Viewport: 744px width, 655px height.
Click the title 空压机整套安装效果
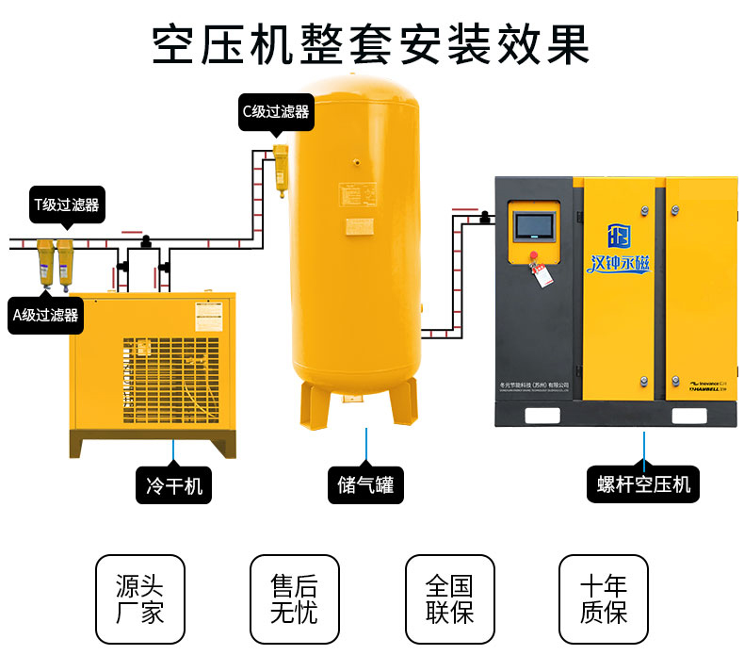click(x=371, y=42)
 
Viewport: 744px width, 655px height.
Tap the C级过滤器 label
click(x=276, y=111)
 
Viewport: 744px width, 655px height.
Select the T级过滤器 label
click(x=67, y=204)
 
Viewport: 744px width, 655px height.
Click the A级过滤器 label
click(x=44, y=314)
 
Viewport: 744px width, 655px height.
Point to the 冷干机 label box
click(x=174, y=486)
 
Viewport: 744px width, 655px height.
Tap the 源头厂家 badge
click(x=140, y=599)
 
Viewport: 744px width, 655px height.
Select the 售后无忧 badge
click(x=294, y=599)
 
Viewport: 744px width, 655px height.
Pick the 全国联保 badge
click(x=448, y=599)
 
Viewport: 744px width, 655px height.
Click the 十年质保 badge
click(x=604, y=599)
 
